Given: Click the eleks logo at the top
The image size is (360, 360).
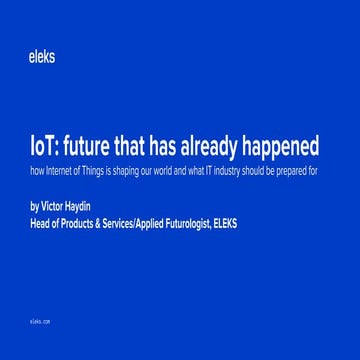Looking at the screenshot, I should [42, 57].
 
